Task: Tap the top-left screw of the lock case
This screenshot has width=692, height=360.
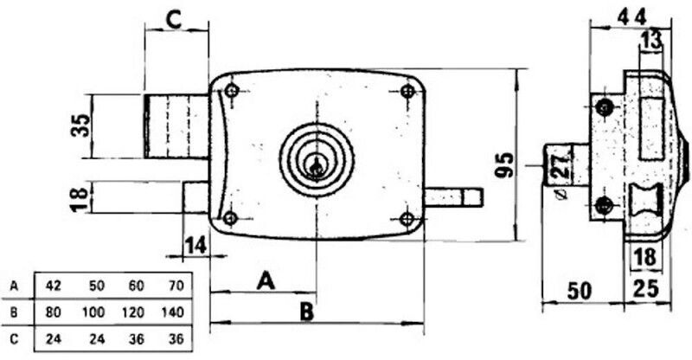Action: point(232,91)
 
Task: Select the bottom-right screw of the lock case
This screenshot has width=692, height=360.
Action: point(407,218)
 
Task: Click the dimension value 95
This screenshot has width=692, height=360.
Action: point(504,164)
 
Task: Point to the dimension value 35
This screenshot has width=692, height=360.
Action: point(80,125)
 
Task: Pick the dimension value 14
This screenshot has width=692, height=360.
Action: point(195,245)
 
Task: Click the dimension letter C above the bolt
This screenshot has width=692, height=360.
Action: point(174,20)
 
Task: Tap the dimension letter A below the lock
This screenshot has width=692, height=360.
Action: point(266,281)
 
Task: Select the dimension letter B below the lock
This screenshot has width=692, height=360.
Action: point(306,312)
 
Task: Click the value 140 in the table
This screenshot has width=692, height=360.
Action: point(172,312)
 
